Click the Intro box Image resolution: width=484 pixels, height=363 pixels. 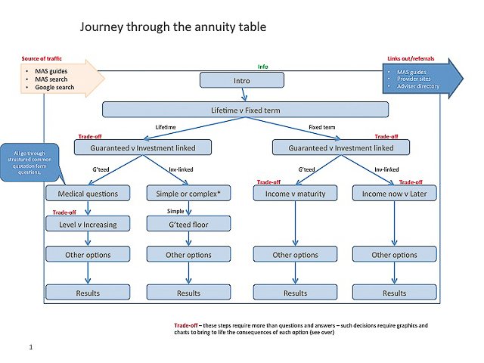point(242,80)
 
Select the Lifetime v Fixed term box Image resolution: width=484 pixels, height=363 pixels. point(245,110)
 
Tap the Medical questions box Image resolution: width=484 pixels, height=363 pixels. point(83,194)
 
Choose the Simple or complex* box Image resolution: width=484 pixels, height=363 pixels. point(188,194)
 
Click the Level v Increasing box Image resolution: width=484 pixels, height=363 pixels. point(83,224)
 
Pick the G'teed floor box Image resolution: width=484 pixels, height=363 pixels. point(188,224)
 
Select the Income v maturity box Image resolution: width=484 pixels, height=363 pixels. point(295,194)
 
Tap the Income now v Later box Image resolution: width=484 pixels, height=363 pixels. point(394,194)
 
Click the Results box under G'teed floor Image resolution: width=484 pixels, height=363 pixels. point(188,293)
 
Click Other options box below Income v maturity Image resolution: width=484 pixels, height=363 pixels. point(295,255)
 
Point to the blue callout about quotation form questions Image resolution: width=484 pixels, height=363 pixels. point(31,161)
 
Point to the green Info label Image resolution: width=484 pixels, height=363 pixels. point(262,67)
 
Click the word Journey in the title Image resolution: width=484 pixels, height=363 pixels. point(102,27)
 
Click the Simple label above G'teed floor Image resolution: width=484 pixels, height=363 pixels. point(176,210)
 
